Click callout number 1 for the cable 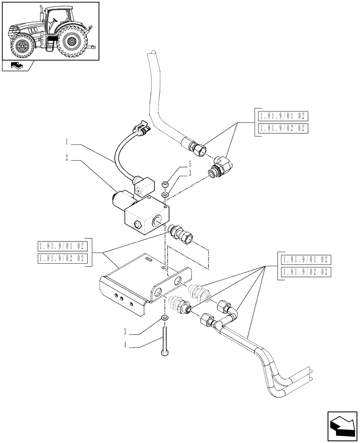click(66, 143)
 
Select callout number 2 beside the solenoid click(66, 157)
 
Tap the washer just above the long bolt click(164, 319)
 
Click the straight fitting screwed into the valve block click(180, 233)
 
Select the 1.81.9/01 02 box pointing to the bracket click(63, 247)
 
